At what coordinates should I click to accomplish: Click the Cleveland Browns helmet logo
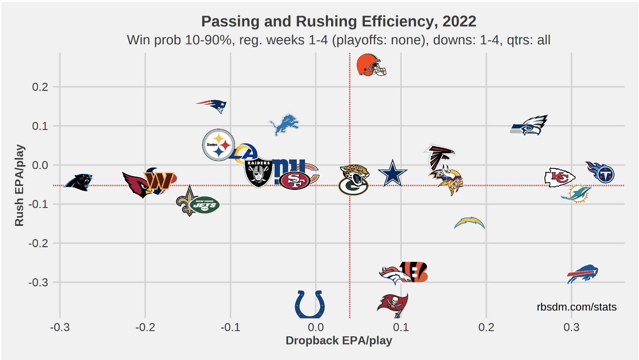click(x=370, y=65)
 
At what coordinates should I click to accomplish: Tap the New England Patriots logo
click(x=213, y=105)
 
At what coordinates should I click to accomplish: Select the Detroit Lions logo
click(x=284, y=124)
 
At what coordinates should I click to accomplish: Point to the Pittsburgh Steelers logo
click(x=218, y=145)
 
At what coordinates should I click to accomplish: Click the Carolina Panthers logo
click(x=79, y=182)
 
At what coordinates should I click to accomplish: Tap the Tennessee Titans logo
click(x=600, y=172)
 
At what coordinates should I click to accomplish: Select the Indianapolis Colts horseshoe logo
click(x=310, y=304)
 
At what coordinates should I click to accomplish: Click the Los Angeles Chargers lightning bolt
click(x=470, y=223)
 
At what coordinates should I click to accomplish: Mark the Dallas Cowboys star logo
click(x=392, y=173)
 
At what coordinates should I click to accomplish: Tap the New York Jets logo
click(x=205, y=205)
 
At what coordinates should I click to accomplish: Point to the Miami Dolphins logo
click(x=576, y=193)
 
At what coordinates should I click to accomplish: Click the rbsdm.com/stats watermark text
click(x=576, y=307)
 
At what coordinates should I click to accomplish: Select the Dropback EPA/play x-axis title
click(x=339, y=341)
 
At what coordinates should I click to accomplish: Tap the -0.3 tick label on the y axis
click(x=38, y=283)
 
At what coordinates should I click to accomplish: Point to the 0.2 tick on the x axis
click(x=486, y=327)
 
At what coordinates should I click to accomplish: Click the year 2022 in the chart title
click(x=459, y=22)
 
